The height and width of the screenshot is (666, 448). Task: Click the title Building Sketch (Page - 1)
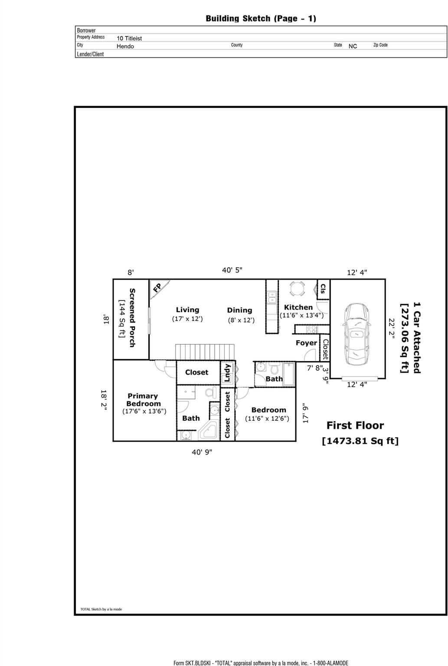pos(261,18)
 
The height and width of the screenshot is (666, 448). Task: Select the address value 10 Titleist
pos(129,38)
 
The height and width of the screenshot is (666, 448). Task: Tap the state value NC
pos(353,46)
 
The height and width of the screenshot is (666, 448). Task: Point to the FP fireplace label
pos(157,287)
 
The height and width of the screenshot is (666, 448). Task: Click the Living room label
pos(187,310)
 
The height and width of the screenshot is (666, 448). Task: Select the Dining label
pos(239,310)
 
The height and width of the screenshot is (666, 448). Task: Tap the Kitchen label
pos(298,307)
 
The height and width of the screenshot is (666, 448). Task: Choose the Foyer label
pos(306,343)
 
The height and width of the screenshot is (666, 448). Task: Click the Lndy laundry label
pos(227,372)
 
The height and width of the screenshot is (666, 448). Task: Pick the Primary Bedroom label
pos(143,400)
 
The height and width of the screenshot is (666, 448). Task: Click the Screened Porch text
pos(132,317)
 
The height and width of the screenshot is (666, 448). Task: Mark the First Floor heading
pos(355,425)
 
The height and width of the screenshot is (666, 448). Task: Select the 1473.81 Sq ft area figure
pos(360,441)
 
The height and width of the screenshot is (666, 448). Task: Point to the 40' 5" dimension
pos(232,270)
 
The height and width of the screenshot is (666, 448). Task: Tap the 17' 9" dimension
pos(305,413)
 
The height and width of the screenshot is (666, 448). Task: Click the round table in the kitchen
pos(298,288)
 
